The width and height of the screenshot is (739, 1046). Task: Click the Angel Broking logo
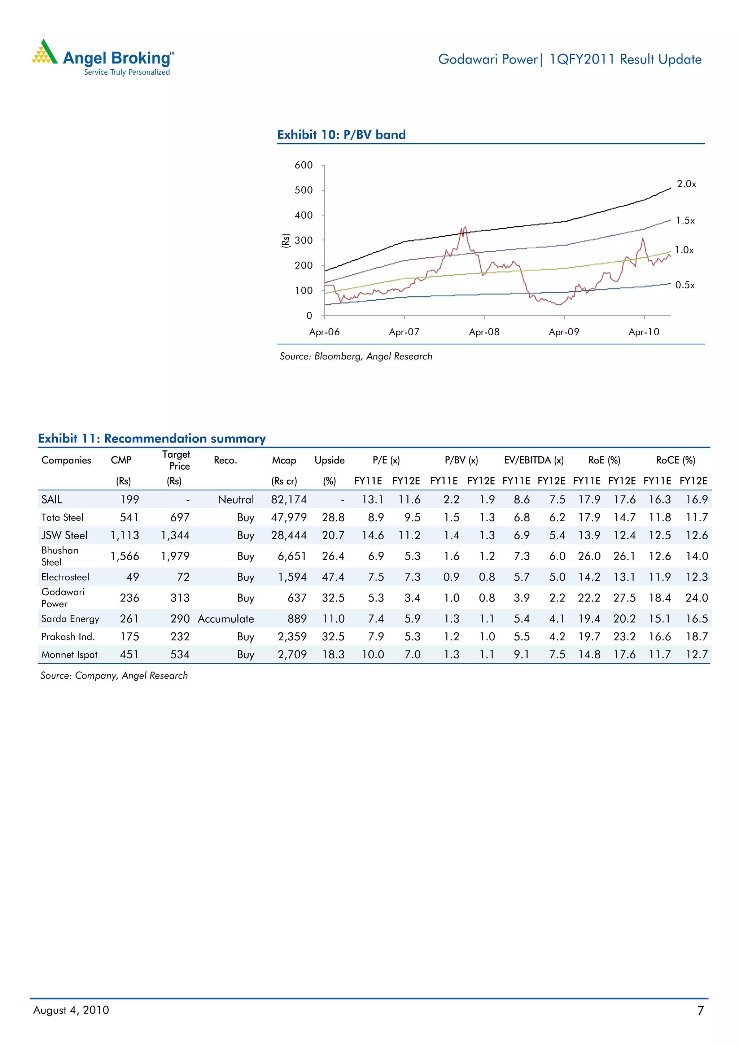103,58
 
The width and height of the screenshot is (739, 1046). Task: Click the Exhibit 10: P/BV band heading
341,135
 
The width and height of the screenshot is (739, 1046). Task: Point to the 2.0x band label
686,184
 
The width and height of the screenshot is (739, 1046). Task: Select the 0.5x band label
685,285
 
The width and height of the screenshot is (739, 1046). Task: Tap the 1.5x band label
685,221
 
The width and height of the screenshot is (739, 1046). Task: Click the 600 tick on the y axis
304,165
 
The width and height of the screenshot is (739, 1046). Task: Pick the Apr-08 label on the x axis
484,332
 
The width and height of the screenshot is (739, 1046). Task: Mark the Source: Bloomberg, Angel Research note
356,356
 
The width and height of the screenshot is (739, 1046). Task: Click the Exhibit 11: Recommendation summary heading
152,438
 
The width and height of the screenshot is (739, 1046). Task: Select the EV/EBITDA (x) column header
533,460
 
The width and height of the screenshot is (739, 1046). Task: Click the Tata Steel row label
62,518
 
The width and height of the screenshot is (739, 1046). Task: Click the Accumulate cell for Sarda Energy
226,619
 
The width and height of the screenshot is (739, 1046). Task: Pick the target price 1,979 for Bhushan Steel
175,556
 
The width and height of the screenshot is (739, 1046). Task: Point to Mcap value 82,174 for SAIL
289,500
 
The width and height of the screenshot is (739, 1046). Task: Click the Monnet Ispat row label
69,655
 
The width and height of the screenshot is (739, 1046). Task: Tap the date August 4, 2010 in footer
71,1010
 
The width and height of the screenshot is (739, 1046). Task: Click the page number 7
700,1011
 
